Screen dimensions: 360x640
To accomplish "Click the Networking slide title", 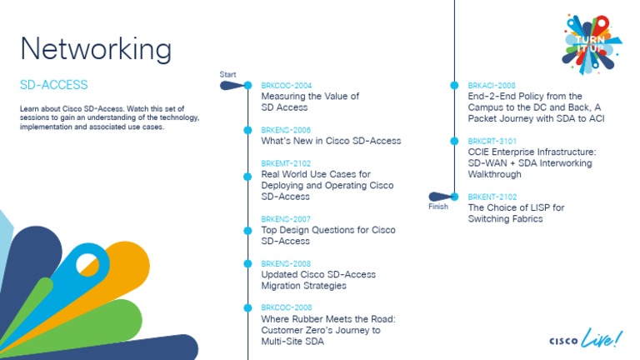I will coord(96,48).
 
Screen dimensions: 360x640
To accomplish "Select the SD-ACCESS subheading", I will coord(53,85).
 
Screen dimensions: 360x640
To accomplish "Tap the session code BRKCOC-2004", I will coord(286,86).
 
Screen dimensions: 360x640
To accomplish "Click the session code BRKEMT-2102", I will coord(286,164).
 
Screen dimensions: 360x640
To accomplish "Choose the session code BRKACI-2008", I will coord(492,86).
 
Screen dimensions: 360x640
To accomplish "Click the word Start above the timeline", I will coord(227,75).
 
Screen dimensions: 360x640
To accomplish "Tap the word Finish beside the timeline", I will coord(438,207).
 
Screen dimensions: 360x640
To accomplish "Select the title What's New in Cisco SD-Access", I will coord(331,141).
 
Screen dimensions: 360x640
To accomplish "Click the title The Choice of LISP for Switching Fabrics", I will coord(516,213).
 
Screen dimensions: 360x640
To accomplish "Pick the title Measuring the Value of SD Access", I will coord(310,102).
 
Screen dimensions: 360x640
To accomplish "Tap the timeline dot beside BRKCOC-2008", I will coord(247,308).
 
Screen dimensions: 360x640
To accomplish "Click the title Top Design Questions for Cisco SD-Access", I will coord(327,236).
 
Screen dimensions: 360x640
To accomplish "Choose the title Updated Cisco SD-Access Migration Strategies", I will coord(318,280).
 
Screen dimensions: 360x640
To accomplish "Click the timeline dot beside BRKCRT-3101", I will coord(454,142).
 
